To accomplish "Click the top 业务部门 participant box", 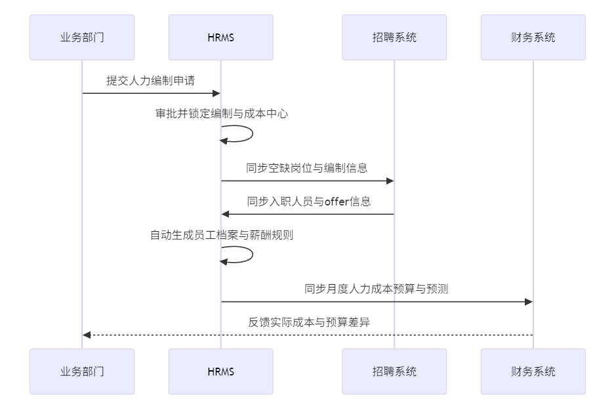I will coord(82,37).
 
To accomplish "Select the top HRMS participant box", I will coord(220,37).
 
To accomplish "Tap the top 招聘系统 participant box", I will coord(394,37).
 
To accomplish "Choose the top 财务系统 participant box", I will coord(533,37).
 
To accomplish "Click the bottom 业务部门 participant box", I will coord(82,372).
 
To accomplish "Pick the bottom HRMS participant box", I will coord(220,372).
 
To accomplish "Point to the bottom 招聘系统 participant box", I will coord(394,372).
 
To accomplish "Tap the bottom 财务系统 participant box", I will coord(533,372).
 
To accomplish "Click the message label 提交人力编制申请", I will coord(151,81).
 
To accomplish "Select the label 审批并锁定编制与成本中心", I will coord(222,114).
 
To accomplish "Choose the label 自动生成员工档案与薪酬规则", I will coord(222,234).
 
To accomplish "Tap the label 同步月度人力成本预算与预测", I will coord(377,288).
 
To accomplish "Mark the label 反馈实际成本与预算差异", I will coord(307,322).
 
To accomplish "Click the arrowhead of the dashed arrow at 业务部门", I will coord(87,335).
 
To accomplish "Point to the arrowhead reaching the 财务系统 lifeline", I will coord(529,302).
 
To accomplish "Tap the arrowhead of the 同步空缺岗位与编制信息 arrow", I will coord(390,181).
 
